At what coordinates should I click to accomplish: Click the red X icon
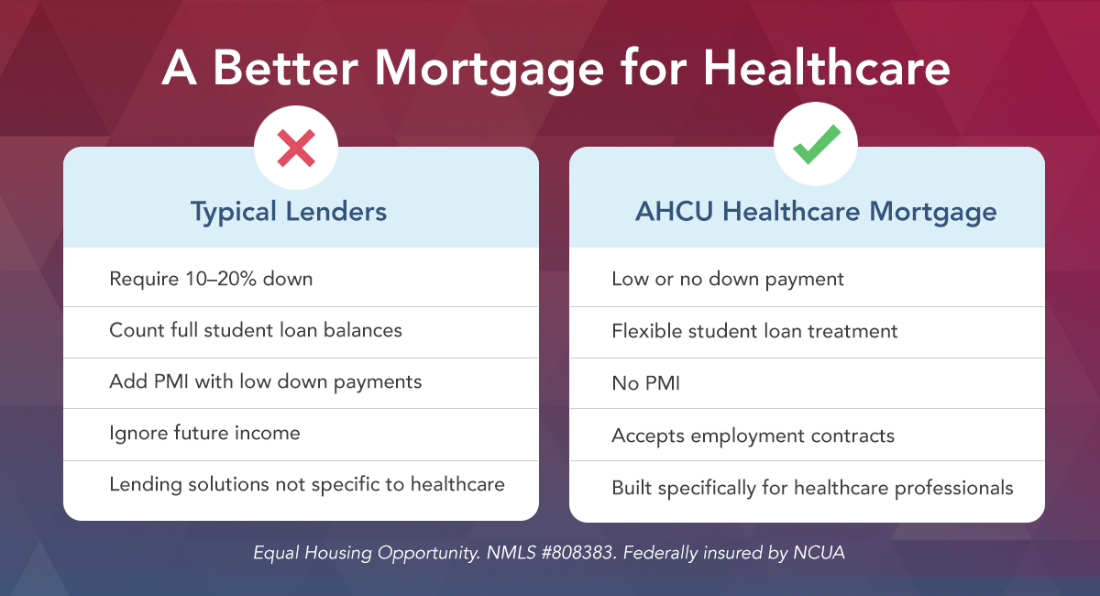[x=296, y=148]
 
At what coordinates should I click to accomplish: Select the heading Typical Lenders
[x=289, y=213]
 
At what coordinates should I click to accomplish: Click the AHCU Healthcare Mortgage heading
[x=816, y=213]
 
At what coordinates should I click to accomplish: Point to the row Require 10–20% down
[x=211, y=279]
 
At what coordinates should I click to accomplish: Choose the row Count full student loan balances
[x=256, y=330]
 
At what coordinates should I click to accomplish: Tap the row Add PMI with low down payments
[x=266, y=381]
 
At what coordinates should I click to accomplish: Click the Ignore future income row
[x=204, y=432]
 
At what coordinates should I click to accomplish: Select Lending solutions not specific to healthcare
[x=307, y=483]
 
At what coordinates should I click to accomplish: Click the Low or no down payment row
[x=728, y=279]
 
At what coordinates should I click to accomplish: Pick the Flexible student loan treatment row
[x=754, y=330]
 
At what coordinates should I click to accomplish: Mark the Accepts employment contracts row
[x=753, y=435]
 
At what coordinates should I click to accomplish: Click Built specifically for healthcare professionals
[x=812, y=487]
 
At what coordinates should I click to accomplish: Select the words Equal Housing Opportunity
[x=349, y=555]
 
